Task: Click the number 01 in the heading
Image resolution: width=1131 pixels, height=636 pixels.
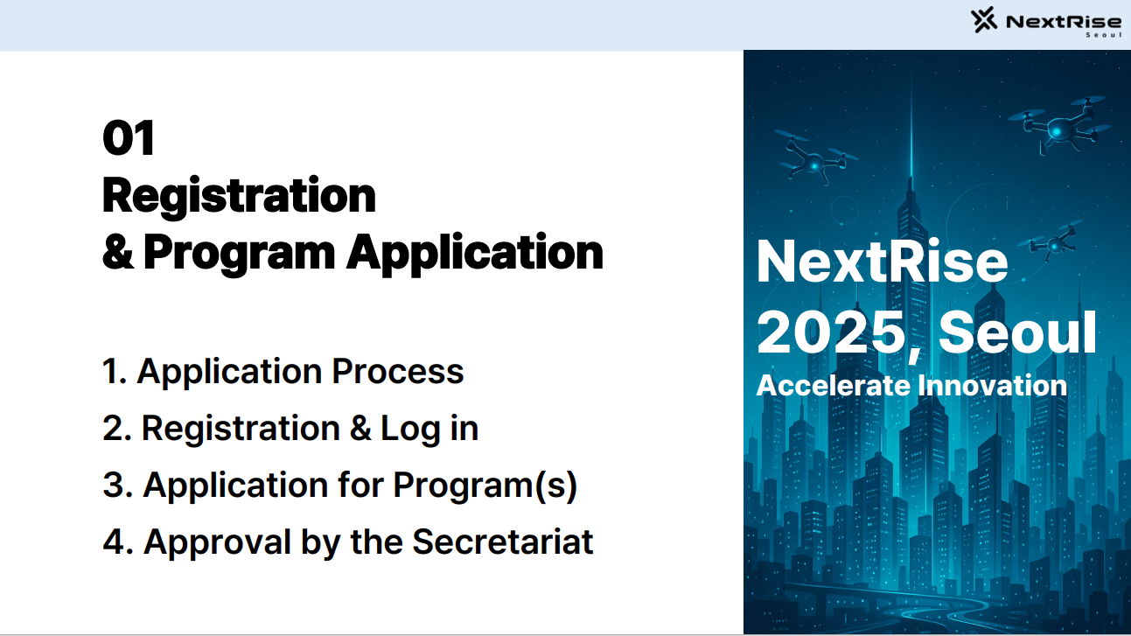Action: [x=129, y=139]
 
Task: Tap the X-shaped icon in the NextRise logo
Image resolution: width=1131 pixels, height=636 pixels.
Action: [x=985, y=20]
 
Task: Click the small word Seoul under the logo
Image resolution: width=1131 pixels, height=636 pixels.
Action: [x=1103, y=36]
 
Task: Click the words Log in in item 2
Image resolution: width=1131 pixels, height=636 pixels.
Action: [x=429, y=429]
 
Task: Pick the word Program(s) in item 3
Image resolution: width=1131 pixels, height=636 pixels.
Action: [x=485, y=486]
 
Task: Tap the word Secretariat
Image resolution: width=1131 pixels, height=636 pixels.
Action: [x=503, y=542]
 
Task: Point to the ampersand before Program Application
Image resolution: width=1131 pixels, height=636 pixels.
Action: [x=117, y=252]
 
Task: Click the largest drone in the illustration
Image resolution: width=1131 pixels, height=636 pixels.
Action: [x=1058, y=125]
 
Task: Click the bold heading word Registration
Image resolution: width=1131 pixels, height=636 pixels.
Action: [x=239, y=195]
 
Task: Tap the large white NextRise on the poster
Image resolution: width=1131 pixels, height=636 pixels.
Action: [x=882, y=262]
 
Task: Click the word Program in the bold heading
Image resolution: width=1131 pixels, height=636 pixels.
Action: [x=239, y=252]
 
